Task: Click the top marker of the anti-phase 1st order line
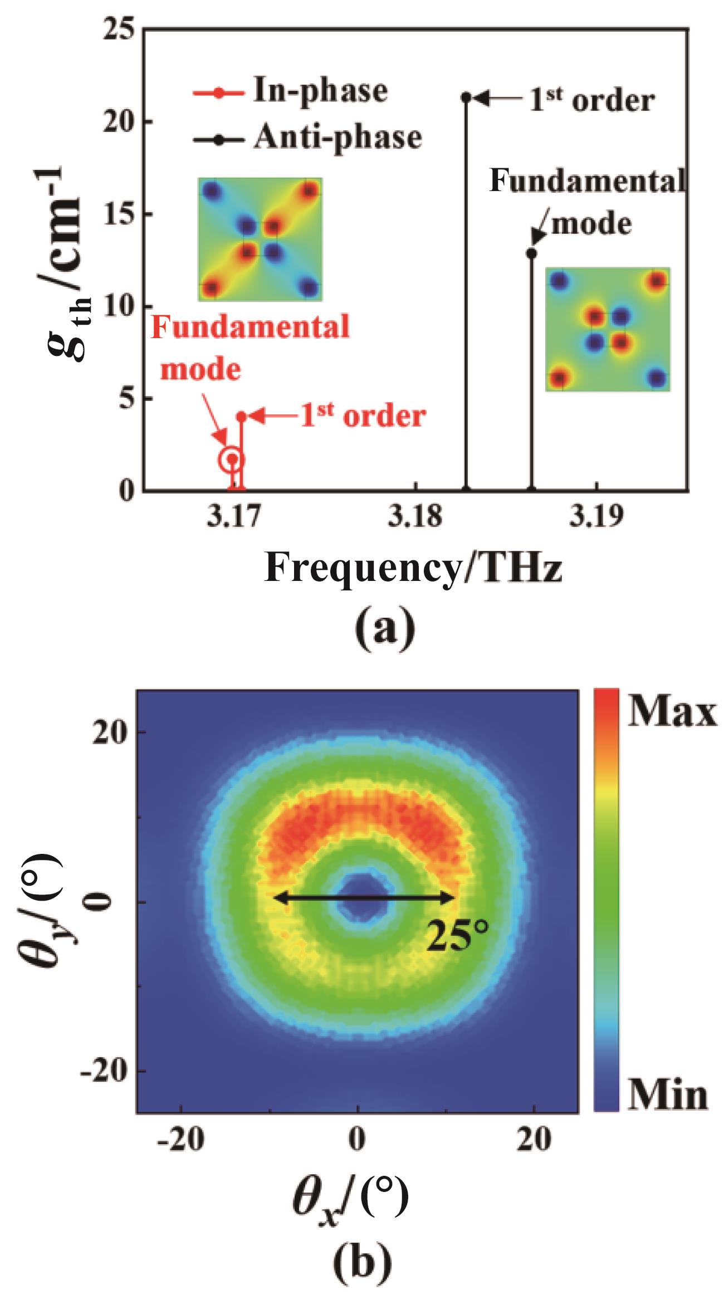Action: (466, 97)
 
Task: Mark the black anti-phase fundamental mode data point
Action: (531, 253)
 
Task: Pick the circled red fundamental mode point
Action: (232, 460)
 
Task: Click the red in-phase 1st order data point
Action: (241, 416)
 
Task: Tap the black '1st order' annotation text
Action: (591, 100)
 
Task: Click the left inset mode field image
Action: (260, 240)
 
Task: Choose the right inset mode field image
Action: (608, 329)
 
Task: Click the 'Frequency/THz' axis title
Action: (413, 568)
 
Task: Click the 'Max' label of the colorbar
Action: (672, 714)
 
